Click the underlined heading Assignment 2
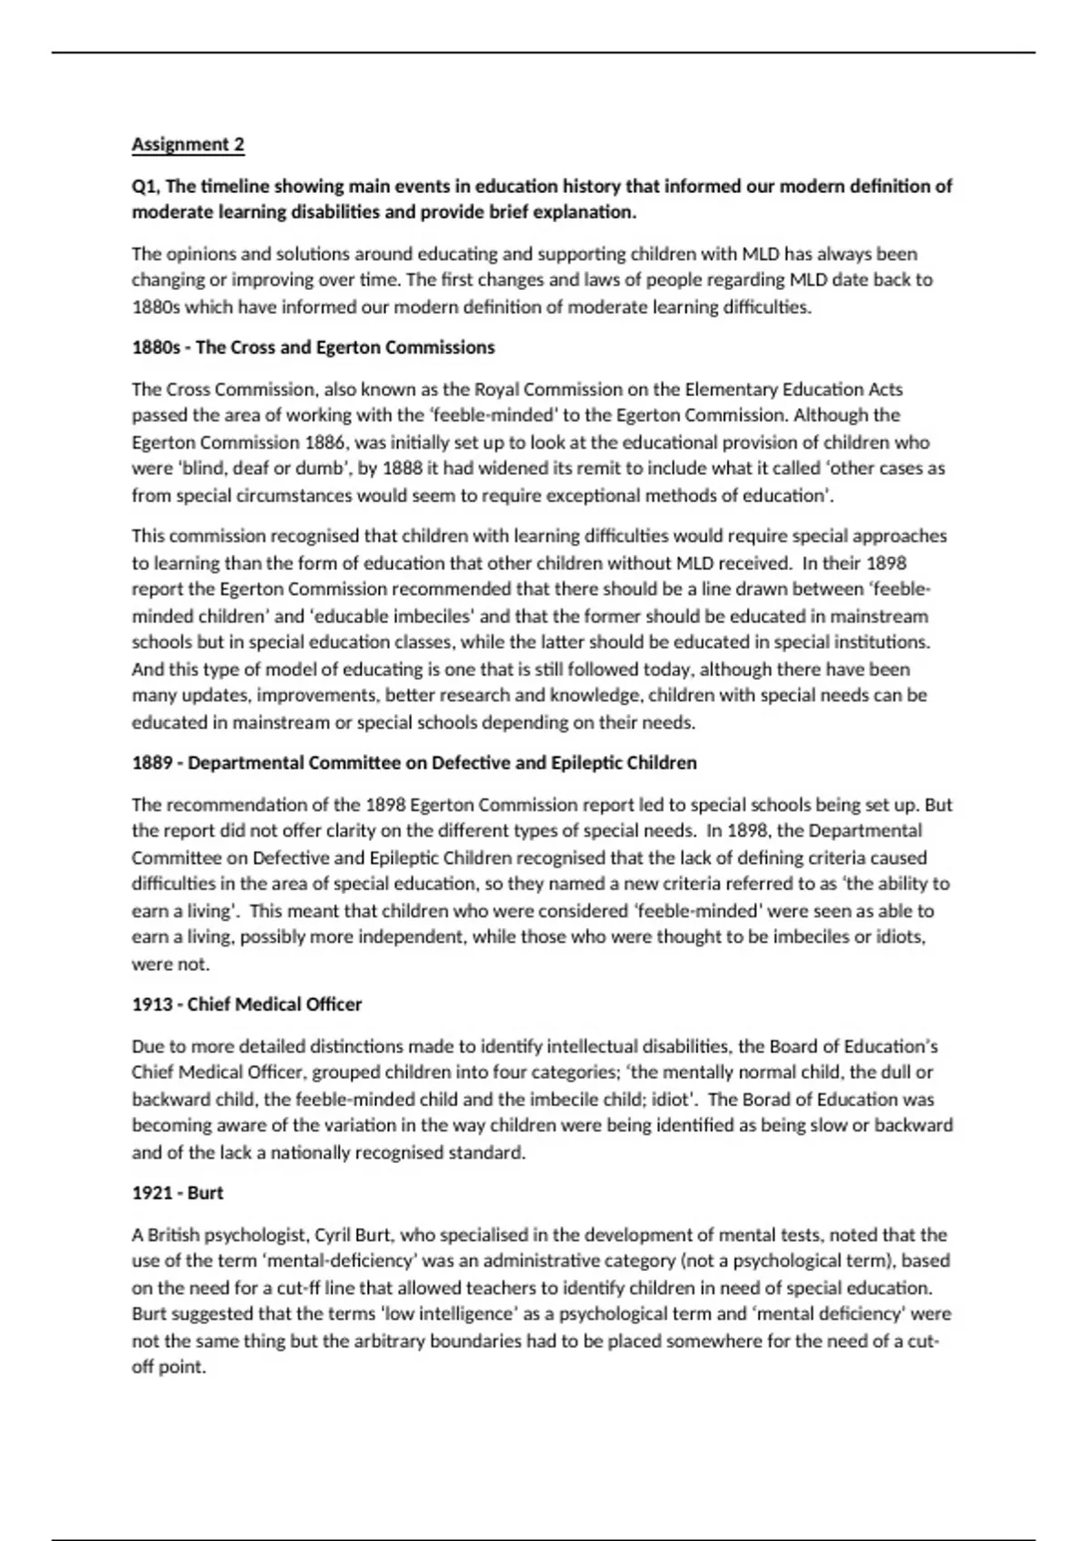click(x=188, y=144)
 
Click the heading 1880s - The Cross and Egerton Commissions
click(x=313, y=347)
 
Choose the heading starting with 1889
click(x=413, y=762)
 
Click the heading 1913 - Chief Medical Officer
click(x=247, y=1004)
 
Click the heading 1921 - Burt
click(x=178, y=1193)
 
